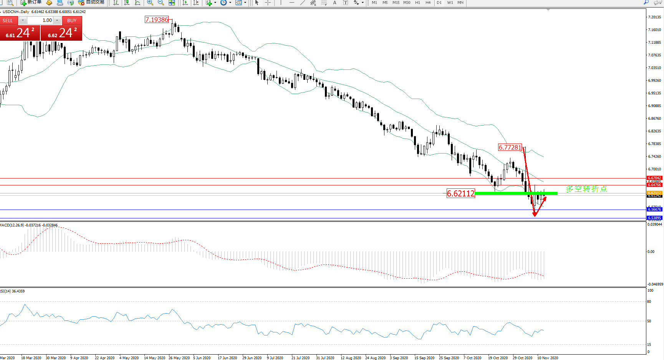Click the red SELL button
point(8,21)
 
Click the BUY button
point(72,21)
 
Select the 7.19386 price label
point(157,20)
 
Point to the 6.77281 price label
point(510,147)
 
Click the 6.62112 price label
point(461,194)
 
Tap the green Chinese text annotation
point(586,189)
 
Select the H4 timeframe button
point(428,3)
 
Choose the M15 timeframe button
point(396,3)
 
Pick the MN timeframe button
point(460,3)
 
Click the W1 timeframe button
point(450,3)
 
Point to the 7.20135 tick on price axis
point(655,17)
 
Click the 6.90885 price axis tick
point(655,106)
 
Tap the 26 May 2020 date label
point(179,358)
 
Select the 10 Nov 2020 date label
point(547,358)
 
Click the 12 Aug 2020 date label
point(351,358)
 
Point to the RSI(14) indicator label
point(7,291)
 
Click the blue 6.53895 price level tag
point(654,218)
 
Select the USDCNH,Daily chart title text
point(16,12)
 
